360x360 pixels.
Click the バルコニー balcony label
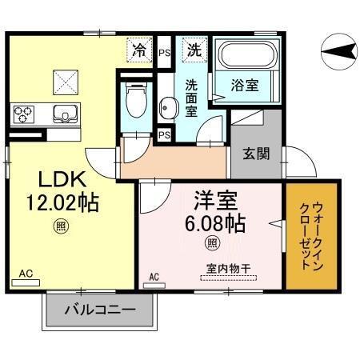tap(98, 310)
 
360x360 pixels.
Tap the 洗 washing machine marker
tap(194, 49)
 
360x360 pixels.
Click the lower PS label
tap(164, 134)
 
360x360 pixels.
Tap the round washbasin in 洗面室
tap(168, 107)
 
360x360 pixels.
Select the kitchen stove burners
tap(23, 113)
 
